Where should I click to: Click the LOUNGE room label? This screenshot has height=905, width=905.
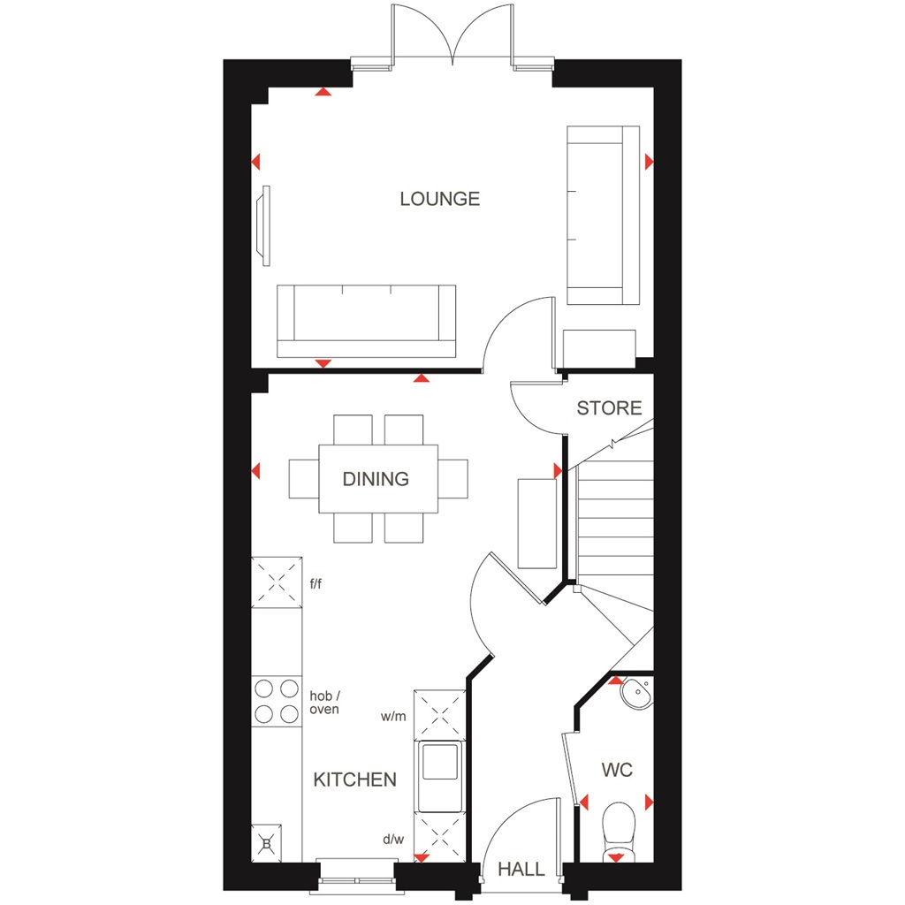[x=439, y=199]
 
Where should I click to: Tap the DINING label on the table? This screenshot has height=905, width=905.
[x=376, y=479]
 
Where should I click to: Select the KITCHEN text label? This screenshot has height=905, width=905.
[x=355, y=780]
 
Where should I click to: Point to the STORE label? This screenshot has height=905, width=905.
[x=609, y=408]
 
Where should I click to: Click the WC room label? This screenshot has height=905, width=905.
[x=617, y=770]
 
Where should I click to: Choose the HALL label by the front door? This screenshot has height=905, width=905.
[x=521, y=870]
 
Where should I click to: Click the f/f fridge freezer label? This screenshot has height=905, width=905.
[x=316, y=583]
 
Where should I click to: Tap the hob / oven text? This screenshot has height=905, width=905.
[x=323, y=703]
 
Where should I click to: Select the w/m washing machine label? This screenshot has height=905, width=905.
[x=393, y=716]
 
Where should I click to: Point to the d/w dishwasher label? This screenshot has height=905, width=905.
[x=393, y=840]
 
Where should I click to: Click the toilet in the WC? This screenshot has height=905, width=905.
[x=616, y=828]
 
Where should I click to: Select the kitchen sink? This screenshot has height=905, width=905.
[x=439, y=762]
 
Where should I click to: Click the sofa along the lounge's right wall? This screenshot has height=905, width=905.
[x=603, y=215]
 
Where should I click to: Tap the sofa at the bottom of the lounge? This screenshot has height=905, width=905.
[x=366, y=321]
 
